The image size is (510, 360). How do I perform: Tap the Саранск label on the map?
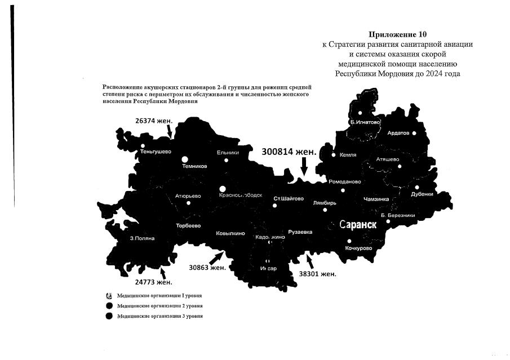(x=358, y=224)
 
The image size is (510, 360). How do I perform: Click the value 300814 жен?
(x=289, y=152)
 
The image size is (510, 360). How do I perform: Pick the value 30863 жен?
(x=207, y=268)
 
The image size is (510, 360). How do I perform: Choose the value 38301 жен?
(x=317, y=274)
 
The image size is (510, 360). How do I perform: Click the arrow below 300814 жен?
(x=304, y=167)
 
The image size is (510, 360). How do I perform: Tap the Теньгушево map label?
(x=156, y=152)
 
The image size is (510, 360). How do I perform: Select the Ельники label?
(x=228, y=152)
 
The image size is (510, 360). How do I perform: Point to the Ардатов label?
(x=398, y=133)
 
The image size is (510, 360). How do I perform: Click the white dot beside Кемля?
(x=334, y=155)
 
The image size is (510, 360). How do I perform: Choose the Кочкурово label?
(x=358, y=248)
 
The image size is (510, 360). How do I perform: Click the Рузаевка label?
(x=300, y=232)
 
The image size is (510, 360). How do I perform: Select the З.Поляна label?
(x=142, y=238)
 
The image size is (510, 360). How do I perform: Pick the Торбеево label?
(x=188, y=225)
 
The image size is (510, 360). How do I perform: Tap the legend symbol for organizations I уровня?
(x=109, y=295)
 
